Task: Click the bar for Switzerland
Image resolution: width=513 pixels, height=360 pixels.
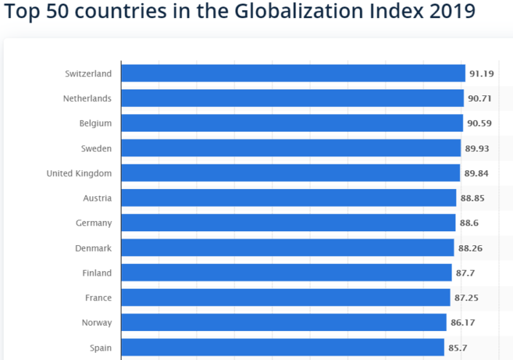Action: coord(293,73)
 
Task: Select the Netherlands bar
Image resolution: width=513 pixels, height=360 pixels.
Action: coord(292,98)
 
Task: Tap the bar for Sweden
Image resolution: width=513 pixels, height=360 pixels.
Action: coord(291,148)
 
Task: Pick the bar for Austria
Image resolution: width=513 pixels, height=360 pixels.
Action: coord(289,198)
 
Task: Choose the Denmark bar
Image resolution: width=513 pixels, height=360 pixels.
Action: coord(287,248)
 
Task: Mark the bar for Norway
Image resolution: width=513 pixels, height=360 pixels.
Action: coord(284,322)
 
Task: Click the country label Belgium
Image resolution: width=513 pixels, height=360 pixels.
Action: coord(95,124)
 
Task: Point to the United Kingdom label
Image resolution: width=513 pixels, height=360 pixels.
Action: coord(79,173)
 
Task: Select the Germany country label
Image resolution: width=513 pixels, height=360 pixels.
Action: coord(94,223)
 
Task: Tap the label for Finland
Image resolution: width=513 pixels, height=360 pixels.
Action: coord(97,273)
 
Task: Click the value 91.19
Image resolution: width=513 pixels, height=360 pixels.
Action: coord(481,73)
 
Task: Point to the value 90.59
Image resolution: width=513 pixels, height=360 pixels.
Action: coord(480,124)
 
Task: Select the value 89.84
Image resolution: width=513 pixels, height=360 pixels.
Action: coord(477,173)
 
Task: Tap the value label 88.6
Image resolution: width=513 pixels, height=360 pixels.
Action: coord(469,223)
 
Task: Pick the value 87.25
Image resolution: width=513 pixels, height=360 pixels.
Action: coord(466,298)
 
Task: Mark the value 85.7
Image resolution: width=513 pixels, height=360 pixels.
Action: coord(458,348)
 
